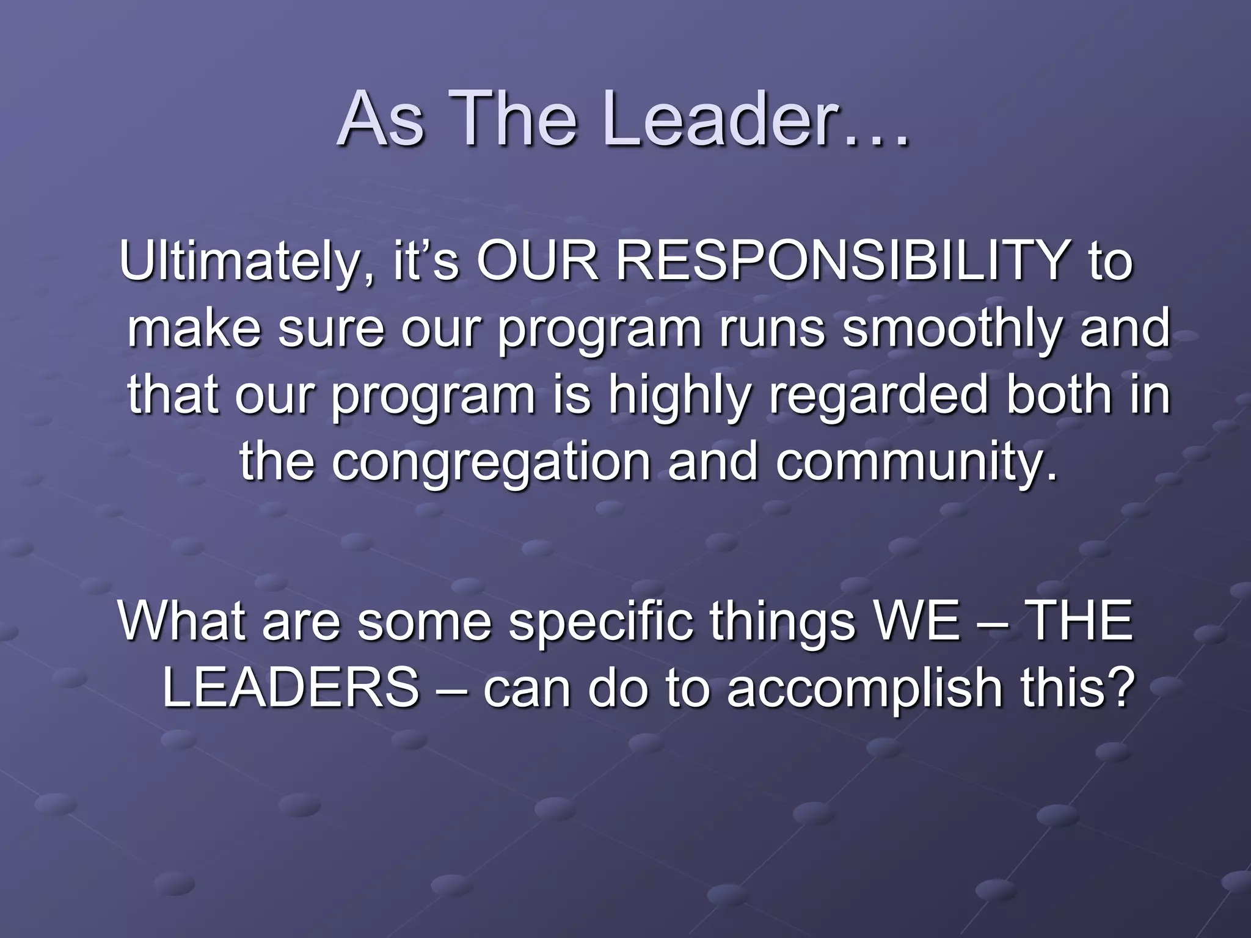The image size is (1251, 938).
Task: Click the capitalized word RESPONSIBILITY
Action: pos(841,261)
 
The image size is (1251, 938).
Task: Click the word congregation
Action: pos(491,463)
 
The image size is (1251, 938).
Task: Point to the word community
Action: pos(916,463)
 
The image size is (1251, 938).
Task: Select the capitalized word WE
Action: pos(916,622)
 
